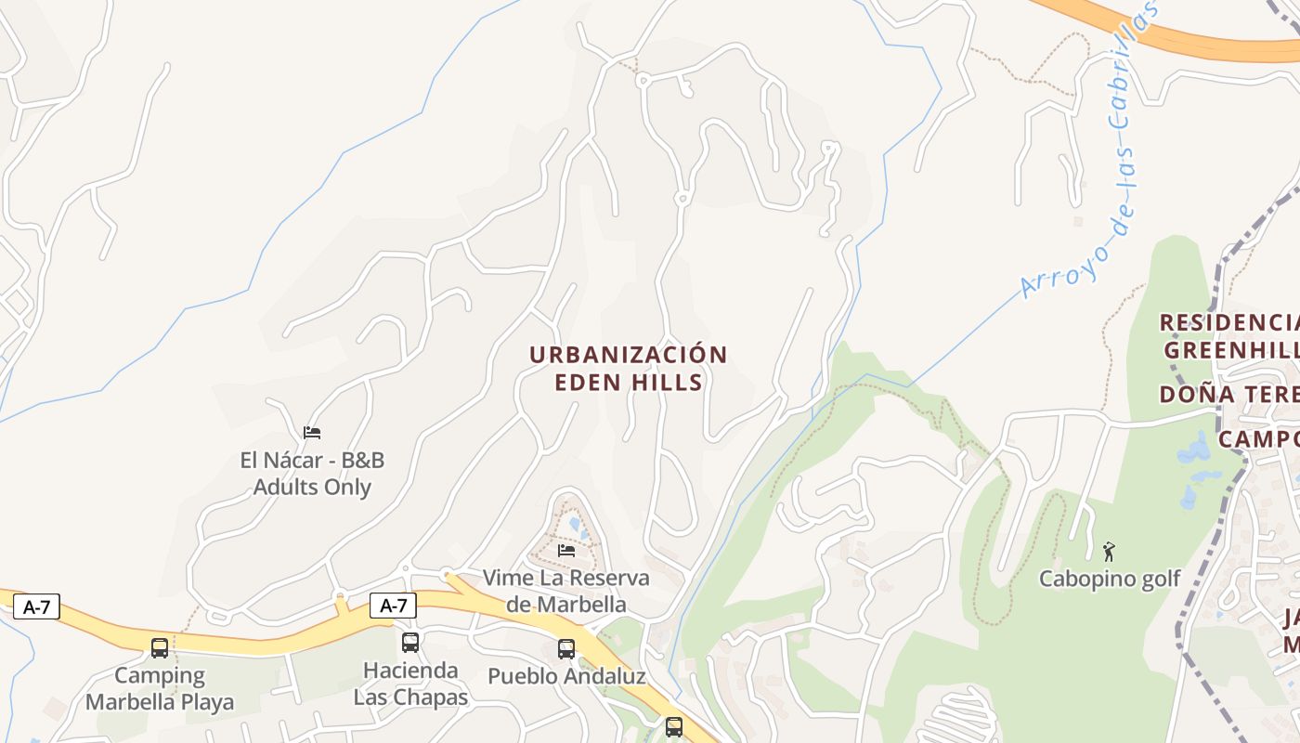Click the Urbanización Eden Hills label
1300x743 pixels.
pyautogui.click(x=629, y=369)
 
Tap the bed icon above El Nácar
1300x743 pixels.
pyautogui.click(x=312, y=433)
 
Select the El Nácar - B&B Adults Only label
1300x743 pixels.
pyautogui.click(x=312, y=474)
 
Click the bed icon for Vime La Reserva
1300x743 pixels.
pyautogui.click(x=566, y=550)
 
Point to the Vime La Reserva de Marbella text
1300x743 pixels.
pyautogui.click(x=566, y=591)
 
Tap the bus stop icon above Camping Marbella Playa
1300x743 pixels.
pyautogui.click(x=160, y=647)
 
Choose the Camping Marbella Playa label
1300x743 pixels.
pyautogui.click(x=160, y=688)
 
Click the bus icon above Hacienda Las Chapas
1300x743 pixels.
pyautogui.click(x=410, y=642)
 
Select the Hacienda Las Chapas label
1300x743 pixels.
pyautogui.click(x=410, y=684)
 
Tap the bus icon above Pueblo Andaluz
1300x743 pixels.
pyautogui.click(x=566, y=649)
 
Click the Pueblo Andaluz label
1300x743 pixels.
pyautogui.click(x=566, y=676)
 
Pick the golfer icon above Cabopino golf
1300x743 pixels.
pyautogui.click(x=1109, y=552)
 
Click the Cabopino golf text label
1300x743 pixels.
pyautogui.click(x=1109, y=579)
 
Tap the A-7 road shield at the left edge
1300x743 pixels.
pyautogui.click(x=36, y=607)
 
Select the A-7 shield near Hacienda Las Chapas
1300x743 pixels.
pyautogui.click(x=393, y=606)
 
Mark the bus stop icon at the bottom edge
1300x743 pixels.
pyautogui.click(x=674, y=727)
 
